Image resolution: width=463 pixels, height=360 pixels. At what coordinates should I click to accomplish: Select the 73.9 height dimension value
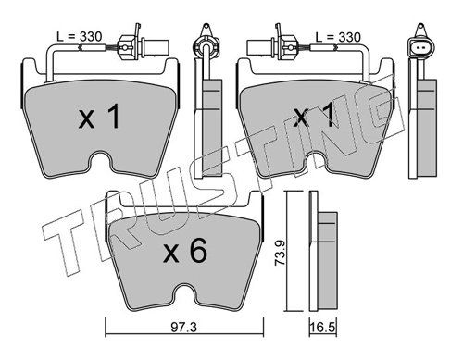point(280,254)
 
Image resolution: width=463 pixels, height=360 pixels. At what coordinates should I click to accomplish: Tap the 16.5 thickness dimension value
point(323,328)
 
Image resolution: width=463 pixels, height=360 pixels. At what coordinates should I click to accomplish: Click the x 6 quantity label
point(185,252)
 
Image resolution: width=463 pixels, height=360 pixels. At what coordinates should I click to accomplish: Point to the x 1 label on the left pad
point(99,116)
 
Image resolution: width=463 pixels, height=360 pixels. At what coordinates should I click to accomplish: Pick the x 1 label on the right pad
point(313,116)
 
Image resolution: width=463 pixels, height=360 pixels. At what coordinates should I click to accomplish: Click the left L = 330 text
point(80,37)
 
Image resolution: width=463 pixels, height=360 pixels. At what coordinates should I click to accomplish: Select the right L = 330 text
point(338,37)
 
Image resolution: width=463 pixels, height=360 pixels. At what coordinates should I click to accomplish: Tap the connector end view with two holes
point(420,48)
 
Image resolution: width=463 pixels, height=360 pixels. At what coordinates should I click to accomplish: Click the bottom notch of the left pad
point(100,159)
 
